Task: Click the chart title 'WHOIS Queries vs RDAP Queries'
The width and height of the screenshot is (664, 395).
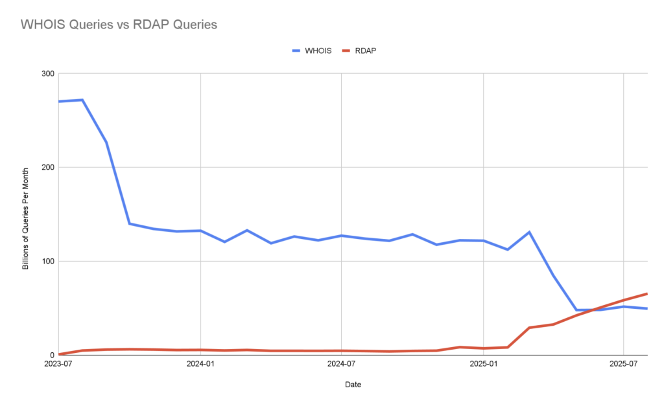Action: coord(119,25)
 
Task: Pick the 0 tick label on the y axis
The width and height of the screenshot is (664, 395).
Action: coord(51,355)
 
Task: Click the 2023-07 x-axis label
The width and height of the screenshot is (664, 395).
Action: coord(59,364)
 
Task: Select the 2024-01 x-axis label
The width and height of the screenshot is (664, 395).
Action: coord(200,364)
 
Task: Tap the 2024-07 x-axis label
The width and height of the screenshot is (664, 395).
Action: coord(342,364)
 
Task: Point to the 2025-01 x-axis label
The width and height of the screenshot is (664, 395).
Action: coord(484,364)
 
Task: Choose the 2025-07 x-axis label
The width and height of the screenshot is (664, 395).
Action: coord(624,364)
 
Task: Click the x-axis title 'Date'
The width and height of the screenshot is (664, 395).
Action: coord(353,385)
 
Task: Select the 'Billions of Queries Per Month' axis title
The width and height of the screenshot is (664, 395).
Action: coord(27,214)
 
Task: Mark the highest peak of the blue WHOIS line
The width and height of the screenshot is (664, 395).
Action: coord(82,100)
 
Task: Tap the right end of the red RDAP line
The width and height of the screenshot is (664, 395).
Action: coord(646,294)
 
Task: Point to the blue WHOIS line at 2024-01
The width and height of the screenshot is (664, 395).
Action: coord(200,231)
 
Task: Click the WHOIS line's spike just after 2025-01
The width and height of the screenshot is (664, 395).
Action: coord(530,232)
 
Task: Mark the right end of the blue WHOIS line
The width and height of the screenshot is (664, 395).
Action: coord(646,308)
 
